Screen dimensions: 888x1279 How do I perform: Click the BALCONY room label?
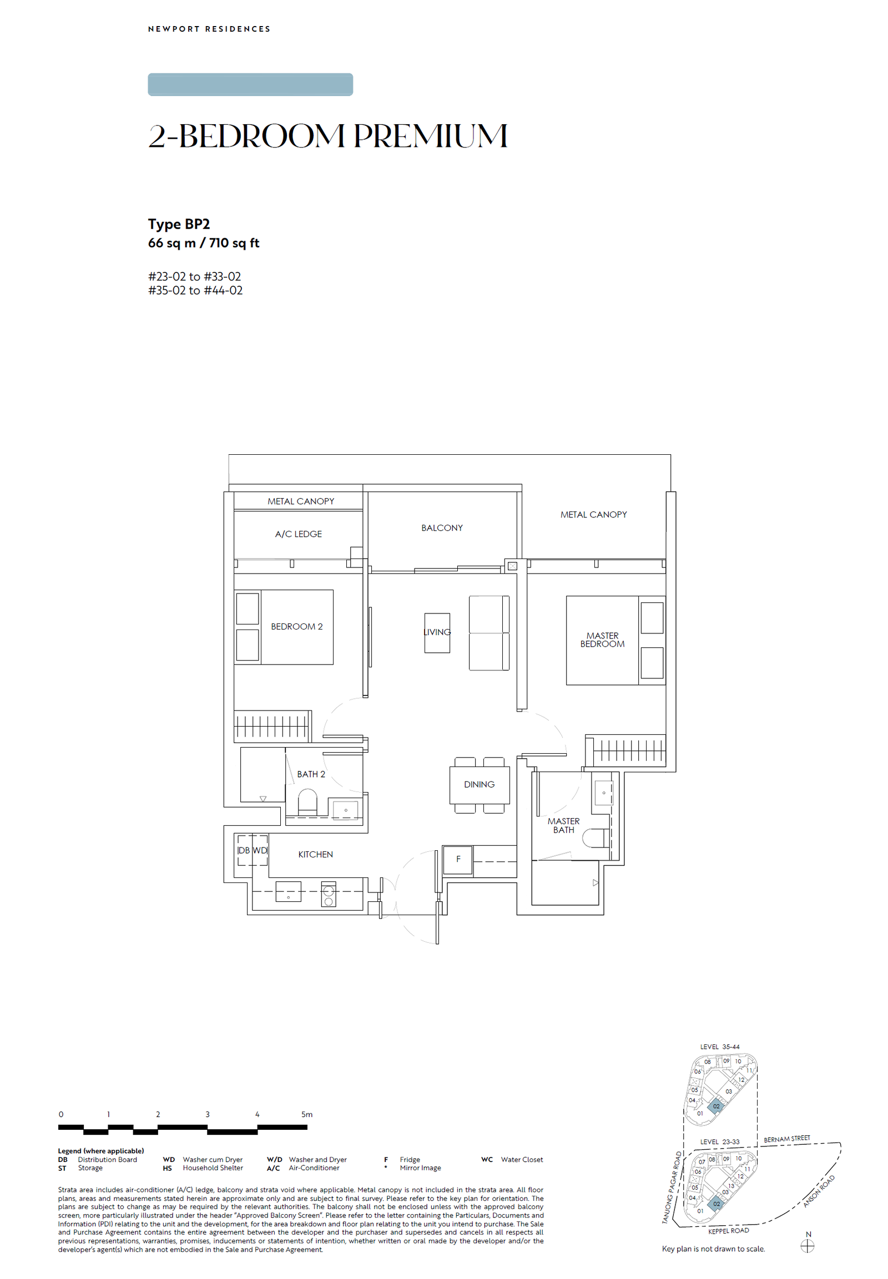point(442,527)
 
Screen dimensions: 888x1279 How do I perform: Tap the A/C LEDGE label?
point(298,534)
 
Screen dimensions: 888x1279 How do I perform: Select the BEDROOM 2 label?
point(296,626)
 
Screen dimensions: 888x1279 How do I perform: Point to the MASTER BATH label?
point(563,825)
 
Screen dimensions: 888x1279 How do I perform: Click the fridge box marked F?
point(458,859)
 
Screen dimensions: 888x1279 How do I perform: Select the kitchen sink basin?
point(288,891)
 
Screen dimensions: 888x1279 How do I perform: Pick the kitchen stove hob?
point(328,894)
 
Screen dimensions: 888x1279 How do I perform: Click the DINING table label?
point(479,784)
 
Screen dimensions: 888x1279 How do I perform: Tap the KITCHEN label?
point(315,854)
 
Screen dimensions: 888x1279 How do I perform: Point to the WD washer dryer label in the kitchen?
point(260,850)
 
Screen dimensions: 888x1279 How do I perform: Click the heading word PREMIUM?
point(430,136)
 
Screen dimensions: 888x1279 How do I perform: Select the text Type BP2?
point(179,224)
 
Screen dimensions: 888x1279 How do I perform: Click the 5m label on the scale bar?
point(306,1114)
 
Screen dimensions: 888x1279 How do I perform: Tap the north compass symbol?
point(808,1247)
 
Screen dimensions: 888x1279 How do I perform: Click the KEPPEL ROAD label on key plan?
point(728,1231)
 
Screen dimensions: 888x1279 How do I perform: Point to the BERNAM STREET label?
point(787,1139)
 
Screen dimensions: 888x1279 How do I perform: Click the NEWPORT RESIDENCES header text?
point(209,29)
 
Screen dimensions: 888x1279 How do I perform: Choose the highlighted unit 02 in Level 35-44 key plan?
point(716,1106)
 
